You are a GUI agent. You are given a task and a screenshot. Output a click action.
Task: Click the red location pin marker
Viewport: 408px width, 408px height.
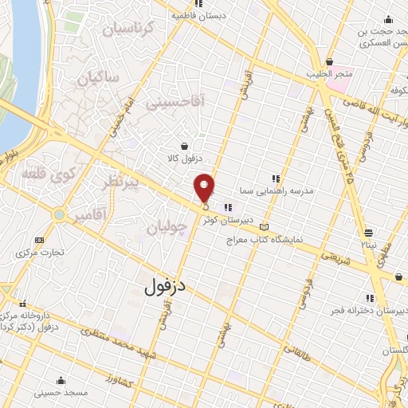[x=205, y=188]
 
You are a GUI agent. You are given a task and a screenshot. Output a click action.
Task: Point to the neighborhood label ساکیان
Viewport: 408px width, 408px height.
[x=99, y=78]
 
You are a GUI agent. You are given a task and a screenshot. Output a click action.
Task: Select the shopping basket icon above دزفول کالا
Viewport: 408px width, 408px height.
[x=186, y=146]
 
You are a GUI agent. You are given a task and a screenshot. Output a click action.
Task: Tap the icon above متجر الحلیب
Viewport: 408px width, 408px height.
[x=329, y=62]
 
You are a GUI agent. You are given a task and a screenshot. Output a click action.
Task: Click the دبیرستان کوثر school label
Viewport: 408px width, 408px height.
[x=226, y=218]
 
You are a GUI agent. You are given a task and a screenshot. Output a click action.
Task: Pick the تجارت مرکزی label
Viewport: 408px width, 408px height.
[x=38, y=253]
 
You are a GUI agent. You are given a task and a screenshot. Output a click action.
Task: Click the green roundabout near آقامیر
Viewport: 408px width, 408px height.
[x=58, y=214]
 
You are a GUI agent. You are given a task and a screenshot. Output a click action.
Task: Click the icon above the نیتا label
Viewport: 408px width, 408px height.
[x=368, y=233]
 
